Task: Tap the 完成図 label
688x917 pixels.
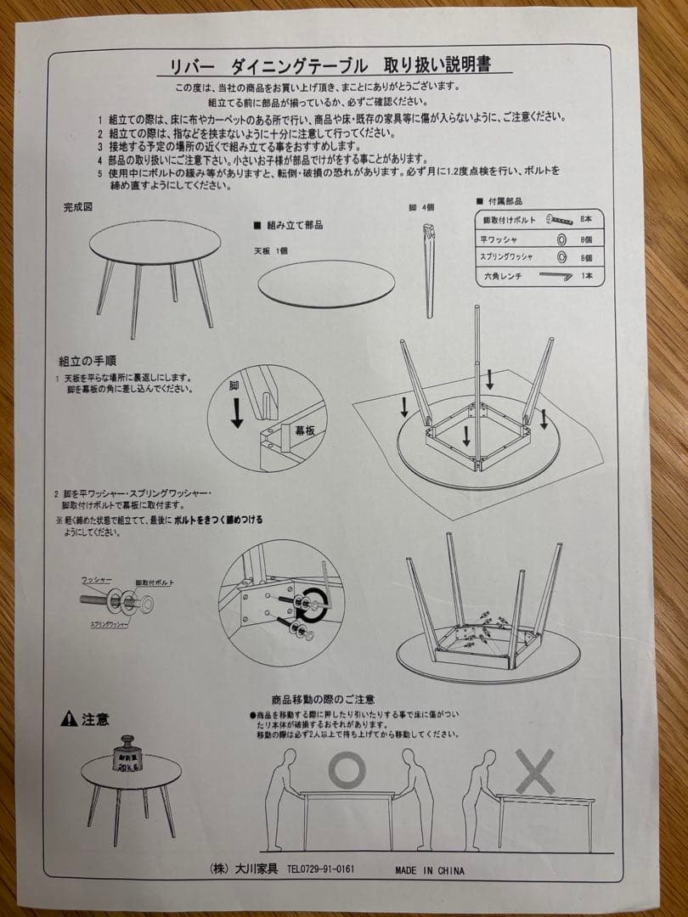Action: (x=78, y=207)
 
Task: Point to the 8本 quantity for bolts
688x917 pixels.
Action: (x=585, y=219)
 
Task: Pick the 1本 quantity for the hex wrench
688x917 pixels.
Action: (x=585, y=277)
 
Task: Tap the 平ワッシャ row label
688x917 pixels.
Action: (x=499, y=239)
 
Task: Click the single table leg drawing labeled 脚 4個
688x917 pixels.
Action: (x=427, y=267)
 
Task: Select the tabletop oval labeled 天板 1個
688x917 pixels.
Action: (x=326, y=284)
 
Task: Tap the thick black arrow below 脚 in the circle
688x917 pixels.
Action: (x=238, y=412)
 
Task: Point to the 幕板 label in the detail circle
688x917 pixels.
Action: (x=304, y=430)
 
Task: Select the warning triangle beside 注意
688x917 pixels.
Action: (x=69, y=720)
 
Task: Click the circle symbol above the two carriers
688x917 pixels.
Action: (x=347, y=769)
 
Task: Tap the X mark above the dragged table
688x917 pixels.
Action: (x=535, y=770)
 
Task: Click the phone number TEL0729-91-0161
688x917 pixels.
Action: (x=320, y=869)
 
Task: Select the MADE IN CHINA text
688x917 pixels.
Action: (x=429, y=870)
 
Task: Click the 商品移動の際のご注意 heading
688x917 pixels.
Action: (x=323, y=700)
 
